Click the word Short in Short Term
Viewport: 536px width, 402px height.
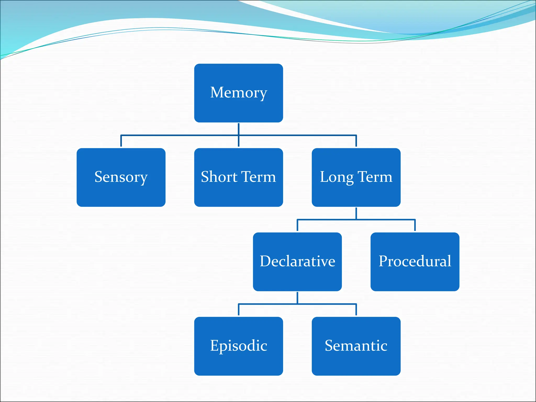[x=219, y=177]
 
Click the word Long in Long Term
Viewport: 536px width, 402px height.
[x=337, y=177]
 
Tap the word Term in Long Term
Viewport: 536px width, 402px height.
[x=375, y=177]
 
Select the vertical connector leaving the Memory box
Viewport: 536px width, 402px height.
[x=238, y=129]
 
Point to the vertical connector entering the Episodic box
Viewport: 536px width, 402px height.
[x=238, y=310]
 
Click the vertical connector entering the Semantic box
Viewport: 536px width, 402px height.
[x=356, y=310]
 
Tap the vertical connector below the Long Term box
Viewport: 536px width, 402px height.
[x=356, y=213]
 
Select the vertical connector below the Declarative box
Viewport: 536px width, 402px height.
[x=297, y=298]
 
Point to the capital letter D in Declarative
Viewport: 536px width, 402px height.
[x=266, y=261]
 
